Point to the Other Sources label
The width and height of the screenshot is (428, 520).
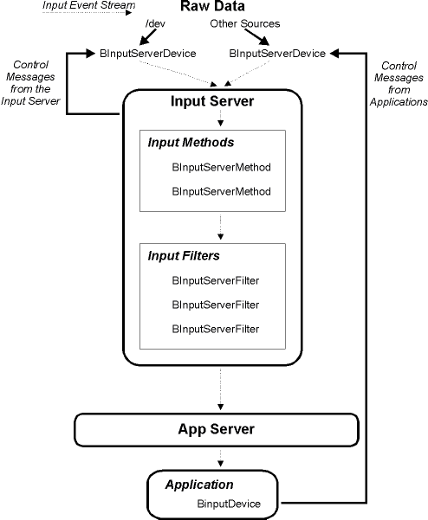[244, 22]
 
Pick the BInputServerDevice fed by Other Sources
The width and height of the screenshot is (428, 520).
[276, 54]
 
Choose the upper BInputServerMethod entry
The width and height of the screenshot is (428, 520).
[221, 165]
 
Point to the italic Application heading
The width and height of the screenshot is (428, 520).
[199, 485]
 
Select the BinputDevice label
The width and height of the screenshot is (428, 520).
[229, 503]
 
